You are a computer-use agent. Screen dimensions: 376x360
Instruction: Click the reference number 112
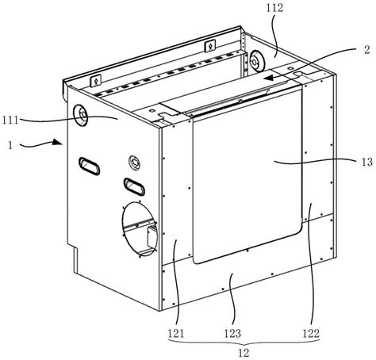pos(274,8)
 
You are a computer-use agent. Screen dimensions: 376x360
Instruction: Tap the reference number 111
pos(10,120)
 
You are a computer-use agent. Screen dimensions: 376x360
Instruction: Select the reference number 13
pos(366,162)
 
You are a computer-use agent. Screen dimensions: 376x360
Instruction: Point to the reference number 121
pos(176,333)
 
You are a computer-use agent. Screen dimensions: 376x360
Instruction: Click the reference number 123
pos(232,333)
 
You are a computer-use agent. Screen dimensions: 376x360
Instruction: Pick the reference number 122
pos(311,333)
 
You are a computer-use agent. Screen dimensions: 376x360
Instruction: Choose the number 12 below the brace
pos(244,353)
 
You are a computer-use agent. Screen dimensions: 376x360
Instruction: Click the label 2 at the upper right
pos(367,50)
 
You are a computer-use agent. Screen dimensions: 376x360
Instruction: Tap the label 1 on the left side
pos(10,145)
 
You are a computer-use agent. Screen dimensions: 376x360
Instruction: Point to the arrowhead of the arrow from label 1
pos(57,142)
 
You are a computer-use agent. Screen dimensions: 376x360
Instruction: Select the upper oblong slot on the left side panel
pos(89,166)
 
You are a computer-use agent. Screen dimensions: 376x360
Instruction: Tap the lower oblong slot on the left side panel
pos(134,186)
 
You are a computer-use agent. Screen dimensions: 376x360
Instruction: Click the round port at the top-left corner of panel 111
pos(80,115)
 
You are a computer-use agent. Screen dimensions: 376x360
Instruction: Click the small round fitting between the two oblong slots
pos(134,163)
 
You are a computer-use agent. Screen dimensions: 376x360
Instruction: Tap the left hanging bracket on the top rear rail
pos(96,80)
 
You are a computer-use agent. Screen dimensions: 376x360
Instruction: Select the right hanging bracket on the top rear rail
pos(210,46)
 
